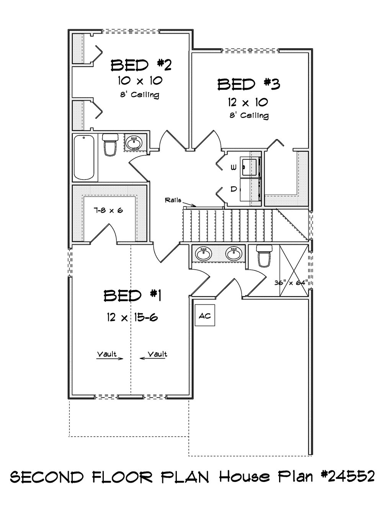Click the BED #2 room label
click(x=141, y=65)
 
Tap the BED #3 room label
click(x=249, y=84)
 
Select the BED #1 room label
click(x=132, y=296)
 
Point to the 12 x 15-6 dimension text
click(x=132, y=317)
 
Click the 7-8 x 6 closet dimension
click(x=108, y=211)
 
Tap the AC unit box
click(x=205, y=316)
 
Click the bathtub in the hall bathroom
click(x=84, y=158)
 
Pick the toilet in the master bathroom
click(x=264, y=256)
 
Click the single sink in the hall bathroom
click(x=134, y=142)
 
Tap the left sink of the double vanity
click(x=204, y=254)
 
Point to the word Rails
click(x=173, y=200)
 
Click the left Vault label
click(x=107, y=354)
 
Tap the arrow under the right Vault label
click(x=153, y=359)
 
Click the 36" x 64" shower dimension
click(x=291, y=283)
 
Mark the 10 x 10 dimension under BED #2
click(x=140, y=80)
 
